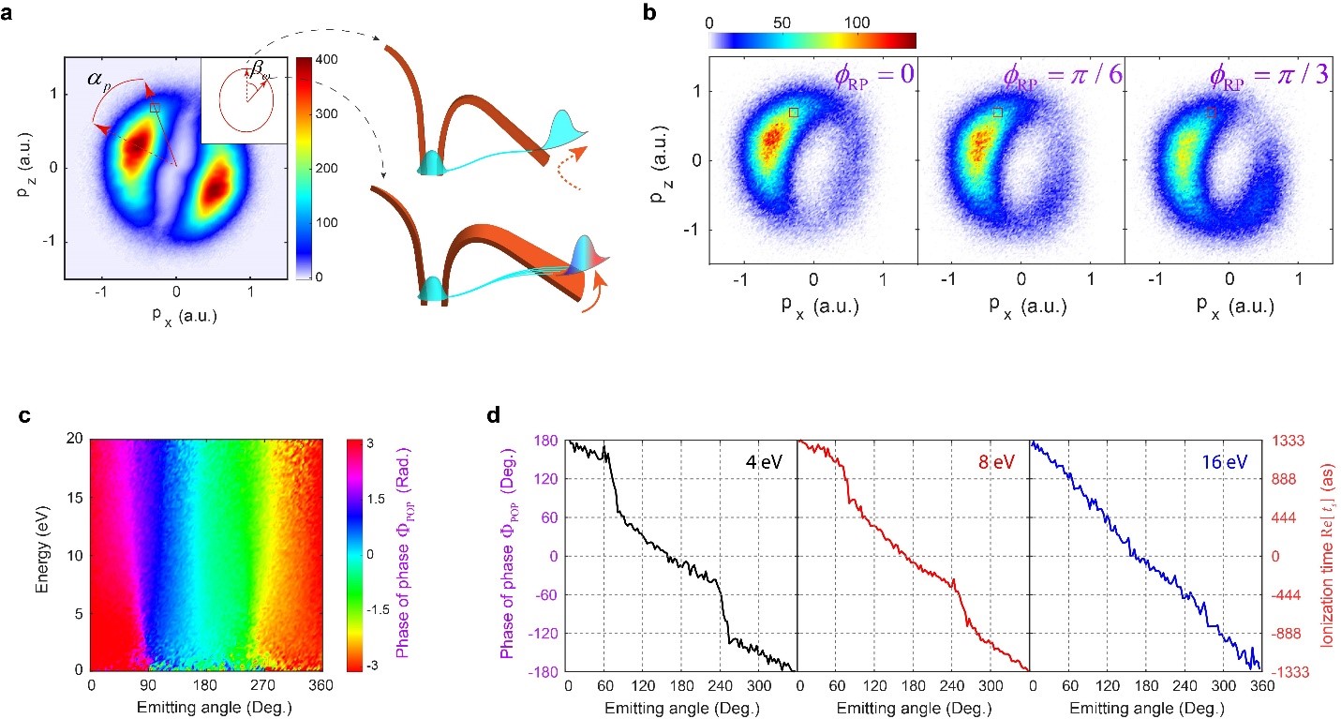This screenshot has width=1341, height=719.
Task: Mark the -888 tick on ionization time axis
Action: click(1288, 633)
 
